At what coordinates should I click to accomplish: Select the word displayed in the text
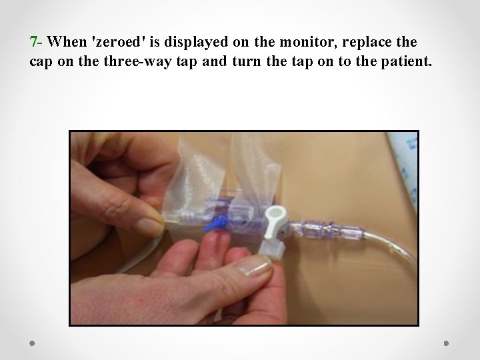pyautogui.click(x=196, y=42)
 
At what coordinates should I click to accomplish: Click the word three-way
pyautogui.click(x=138, y=61)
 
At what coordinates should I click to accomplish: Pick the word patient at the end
pyautogui.click(x=406, y=61)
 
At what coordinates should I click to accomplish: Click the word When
pyautogui.click(x=67, y=41)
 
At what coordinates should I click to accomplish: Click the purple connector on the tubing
pyautogui.click(x=327, y=229)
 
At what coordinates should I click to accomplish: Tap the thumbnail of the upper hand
pyautogui.click(x=150, y=225)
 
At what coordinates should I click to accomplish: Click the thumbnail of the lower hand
pyautogui.click(x=255, y=266)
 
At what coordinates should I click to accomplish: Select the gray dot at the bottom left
pyautogui.click(x=32, y=343)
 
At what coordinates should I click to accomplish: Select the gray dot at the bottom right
pyautogui.click(x=446, y=343)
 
